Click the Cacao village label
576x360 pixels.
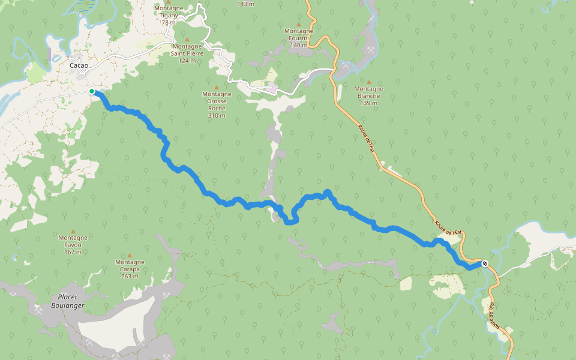coord(79,65)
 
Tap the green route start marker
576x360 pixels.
coord(92,91)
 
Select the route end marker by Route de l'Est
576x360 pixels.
coord(484,263)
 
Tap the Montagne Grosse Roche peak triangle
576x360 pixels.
coord(217,88)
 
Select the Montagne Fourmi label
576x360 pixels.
coord(299,34)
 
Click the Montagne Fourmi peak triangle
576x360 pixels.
coord(299,24)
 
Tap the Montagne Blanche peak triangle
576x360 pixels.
coord(369,82)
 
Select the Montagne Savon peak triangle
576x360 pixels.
coord(73,231)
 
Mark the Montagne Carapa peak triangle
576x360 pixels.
coord(130,256)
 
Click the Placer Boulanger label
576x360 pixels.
coord(67,301)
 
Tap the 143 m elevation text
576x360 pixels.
coord(245,4)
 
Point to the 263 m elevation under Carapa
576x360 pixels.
coord(130,277)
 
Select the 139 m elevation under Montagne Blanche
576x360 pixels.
coord(369,103)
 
